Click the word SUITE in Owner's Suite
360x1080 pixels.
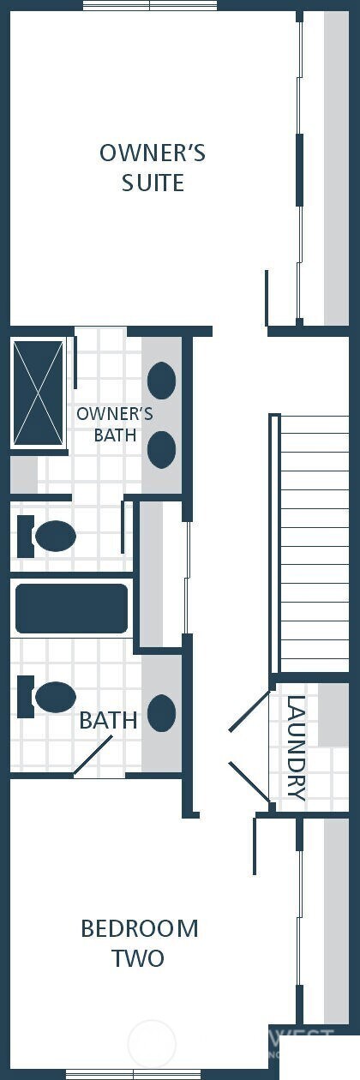[153, 183]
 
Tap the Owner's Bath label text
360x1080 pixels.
[115, 424]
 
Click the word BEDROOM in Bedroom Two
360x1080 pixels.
[140, 928]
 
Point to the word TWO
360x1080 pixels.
[138, 958]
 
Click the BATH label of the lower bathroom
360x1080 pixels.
[108, 721]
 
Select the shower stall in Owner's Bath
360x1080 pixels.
[39, 392]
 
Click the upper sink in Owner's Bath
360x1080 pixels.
[162, 379]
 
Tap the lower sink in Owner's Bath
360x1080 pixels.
[162, 449]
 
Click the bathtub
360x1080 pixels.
[72, 609]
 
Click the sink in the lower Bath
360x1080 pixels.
[162, 713]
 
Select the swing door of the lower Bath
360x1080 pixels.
[94, 756]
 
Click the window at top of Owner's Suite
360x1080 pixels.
[150, 5]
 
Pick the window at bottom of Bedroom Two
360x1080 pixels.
[133, 1074]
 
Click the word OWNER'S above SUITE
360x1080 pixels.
[153, 153]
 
